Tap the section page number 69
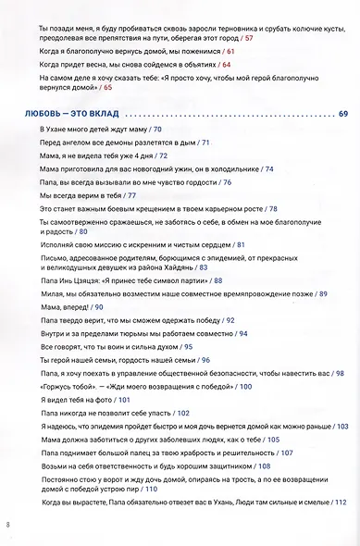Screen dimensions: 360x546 click(x=342, y=115)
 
